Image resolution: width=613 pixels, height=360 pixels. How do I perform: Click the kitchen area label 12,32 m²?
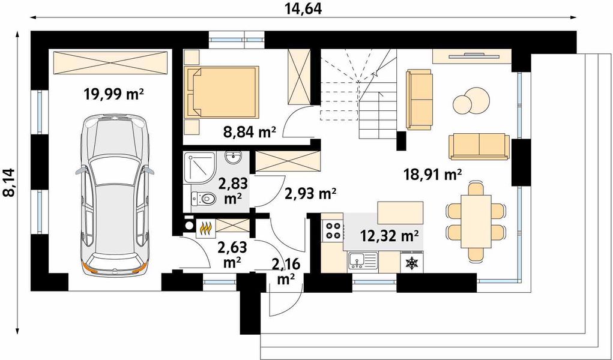[x=390, y=236]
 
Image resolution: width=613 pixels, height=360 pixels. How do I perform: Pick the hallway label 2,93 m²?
[x=310, y=193]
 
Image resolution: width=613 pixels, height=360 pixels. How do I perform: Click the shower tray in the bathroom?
[x=199, y=167]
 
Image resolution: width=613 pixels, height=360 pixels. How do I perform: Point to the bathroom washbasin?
[x=234, y=158]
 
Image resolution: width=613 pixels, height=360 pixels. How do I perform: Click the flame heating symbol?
[x=206, y=228]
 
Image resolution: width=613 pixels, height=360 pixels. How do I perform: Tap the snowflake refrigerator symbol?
[x=412, y=263]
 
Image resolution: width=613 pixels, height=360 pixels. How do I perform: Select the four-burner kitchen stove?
[x=333, y=230]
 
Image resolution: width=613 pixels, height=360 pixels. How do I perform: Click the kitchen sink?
[x=363, y=261]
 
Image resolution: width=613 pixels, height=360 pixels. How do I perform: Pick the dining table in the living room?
[x=476, y=221]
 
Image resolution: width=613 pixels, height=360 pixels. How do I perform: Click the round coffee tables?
[x=471, y=101]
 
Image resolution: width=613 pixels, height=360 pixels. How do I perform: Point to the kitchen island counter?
[x=400, y=212]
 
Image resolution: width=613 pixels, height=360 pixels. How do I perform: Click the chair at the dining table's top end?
[x=476, y=188]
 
